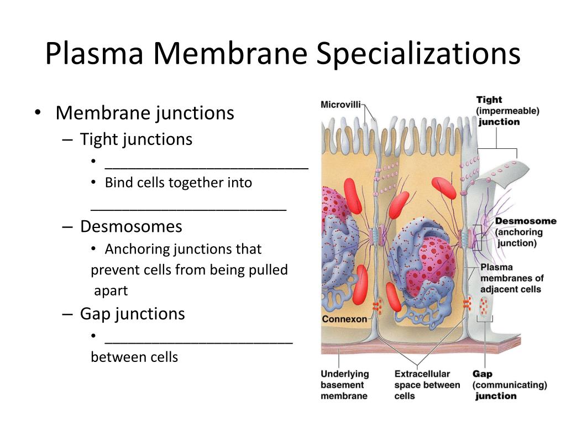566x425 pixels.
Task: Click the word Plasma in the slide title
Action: coord(95,53)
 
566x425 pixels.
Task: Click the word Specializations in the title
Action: coord(418,54)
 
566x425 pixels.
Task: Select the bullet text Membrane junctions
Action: coord(145,113)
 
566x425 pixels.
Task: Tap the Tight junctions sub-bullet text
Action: coord(136,139)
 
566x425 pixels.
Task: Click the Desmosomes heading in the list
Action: coord(131,226)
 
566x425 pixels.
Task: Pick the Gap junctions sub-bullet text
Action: coord(133,314)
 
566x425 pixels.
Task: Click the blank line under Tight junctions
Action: coord(207,168)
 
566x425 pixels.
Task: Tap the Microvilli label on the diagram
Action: coord(340,105)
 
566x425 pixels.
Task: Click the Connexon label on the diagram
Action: coord(344,319)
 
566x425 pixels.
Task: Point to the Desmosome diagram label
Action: coord(526,221)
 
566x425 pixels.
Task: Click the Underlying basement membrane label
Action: coord(345,385)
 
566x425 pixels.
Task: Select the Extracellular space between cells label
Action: coord(427,385)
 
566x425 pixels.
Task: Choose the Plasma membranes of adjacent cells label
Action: coord(512,278)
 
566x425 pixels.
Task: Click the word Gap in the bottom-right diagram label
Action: coord(482,374)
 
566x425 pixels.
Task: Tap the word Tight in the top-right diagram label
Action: coord(489,100)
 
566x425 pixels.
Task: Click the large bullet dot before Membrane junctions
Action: coord(38,112)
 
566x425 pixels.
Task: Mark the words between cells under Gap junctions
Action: coord(134,357)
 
